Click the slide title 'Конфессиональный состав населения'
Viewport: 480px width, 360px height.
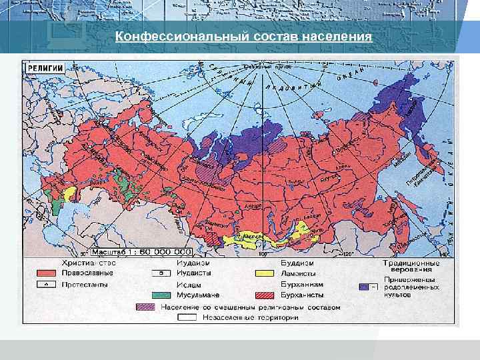(x=243, y=36)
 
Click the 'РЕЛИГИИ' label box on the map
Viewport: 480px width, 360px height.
(x=45, y=67)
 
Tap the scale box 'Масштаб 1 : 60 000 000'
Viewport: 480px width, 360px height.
(x=141, y=253)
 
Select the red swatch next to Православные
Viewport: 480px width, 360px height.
(x=45, y=273)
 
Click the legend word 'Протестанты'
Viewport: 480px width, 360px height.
(x=86, y=285)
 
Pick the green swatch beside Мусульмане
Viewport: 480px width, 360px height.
(x=160, y=295)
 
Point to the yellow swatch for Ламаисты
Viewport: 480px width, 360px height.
(x=264, y=273)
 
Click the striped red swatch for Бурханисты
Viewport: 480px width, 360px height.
(x=264, y=295)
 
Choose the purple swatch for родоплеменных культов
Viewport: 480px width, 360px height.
(x=367, y=286)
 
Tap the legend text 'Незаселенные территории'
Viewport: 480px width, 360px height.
(x=247, y=317)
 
